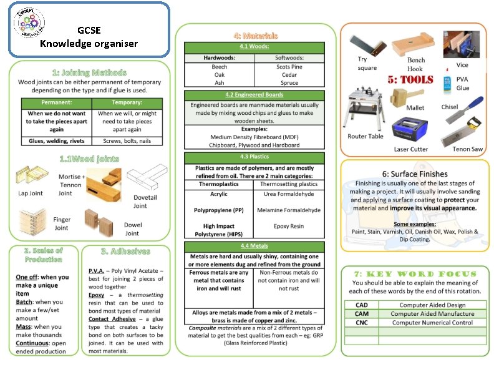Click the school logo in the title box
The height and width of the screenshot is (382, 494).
coord(29,27)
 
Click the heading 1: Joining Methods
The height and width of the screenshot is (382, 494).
coord(89,72)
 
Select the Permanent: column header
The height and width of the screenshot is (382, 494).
coord(56,102)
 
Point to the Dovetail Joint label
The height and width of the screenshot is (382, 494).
coord(140,202)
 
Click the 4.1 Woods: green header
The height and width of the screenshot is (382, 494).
coord(254,46)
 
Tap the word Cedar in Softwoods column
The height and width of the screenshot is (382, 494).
coord(289,75)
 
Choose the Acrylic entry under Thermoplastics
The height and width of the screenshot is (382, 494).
coord(218,194)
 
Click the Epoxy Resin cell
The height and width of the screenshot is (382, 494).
coord(289,226)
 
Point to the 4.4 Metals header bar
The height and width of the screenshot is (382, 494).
coord(254,246)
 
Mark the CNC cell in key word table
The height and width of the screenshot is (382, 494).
coord(361,323)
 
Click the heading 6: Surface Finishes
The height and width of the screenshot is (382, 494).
coord(414,174)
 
